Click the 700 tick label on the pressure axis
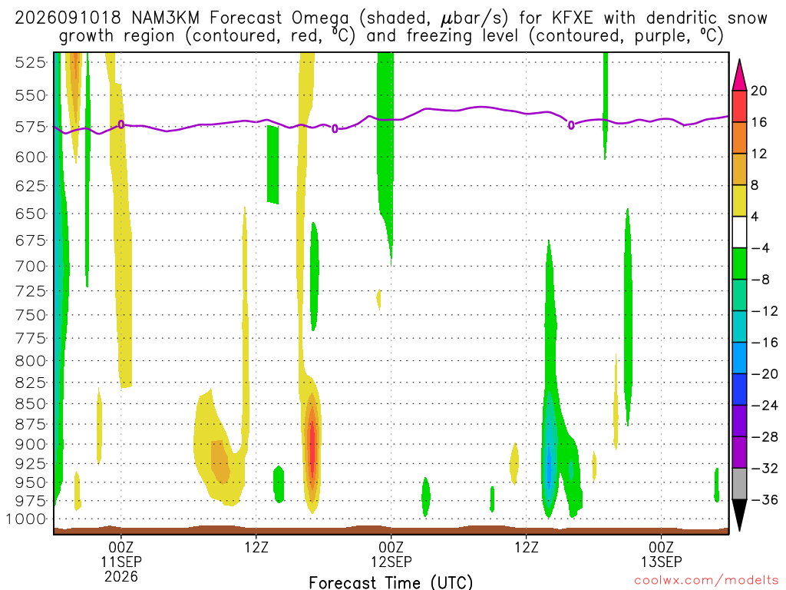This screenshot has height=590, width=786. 31,266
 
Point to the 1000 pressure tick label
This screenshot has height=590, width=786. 26,519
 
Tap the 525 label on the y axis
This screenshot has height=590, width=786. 31,63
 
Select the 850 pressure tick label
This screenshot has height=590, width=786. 31,404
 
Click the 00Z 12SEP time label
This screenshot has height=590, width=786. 391,554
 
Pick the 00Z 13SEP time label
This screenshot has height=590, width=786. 661,554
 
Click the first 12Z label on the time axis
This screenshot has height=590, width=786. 256,547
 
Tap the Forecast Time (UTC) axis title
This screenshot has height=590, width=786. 391,582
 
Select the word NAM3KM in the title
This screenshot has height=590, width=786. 165,18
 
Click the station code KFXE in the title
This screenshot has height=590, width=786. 572,18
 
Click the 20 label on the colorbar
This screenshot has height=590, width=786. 758,91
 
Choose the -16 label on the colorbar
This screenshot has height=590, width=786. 764,343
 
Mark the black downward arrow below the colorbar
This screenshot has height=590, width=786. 739,514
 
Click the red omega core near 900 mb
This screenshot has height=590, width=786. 312,448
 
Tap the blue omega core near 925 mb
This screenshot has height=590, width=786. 549,466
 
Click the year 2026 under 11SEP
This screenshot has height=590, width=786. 121,576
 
